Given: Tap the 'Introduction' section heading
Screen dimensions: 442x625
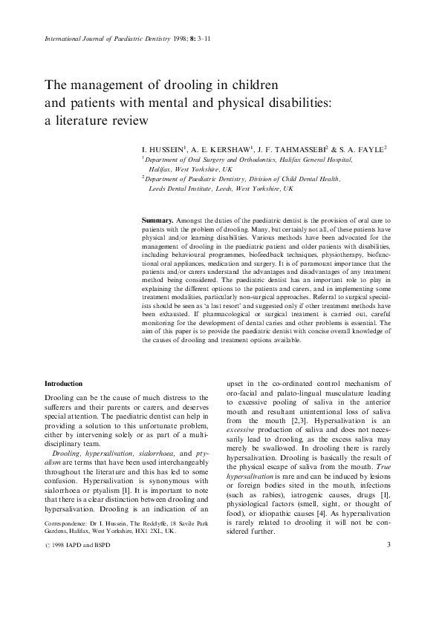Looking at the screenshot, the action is coord(63,384).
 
